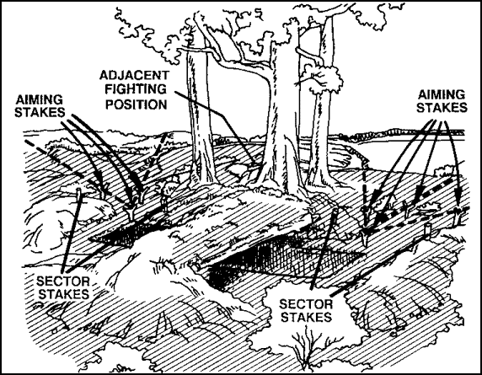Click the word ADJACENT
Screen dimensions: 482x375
134,75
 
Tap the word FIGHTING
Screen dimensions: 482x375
136,89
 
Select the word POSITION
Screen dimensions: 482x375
137,104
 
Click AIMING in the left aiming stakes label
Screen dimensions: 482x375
39,100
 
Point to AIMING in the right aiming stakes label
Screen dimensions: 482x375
442,94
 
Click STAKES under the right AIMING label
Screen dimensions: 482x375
442,108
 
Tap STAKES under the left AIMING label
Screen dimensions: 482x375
40,112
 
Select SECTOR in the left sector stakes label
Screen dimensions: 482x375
63,281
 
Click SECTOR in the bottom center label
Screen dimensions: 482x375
306,304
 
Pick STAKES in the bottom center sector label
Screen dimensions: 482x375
307,317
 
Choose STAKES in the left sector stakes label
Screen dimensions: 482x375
64,294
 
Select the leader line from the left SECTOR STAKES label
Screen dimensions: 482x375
72,231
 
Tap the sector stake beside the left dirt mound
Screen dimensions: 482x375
79,196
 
